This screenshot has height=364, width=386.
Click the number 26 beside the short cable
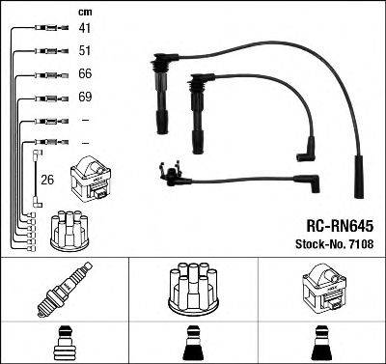tap(47, 178)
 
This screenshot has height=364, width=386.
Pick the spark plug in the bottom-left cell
tap(65, 288)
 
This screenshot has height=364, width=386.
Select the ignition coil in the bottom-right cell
tap(322, 288)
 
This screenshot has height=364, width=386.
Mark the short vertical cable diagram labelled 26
tap(36, 178)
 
